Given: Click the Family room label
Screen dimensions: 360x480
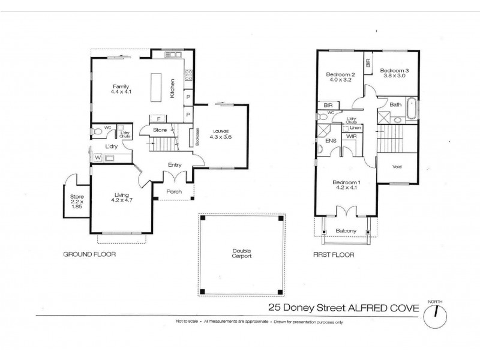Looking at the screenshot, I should tap(121, 86).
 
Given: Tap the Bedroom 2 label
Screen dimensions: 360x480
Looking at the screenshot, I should tap(341, 75).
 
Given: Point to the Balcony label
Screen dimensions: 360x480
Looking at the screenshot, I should tap(346, 231).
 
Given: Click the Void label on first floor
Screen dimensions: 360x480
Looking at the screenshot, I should tap(396, 167).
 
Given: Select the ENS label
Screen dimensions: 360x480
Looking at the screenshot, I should tap(330, 141).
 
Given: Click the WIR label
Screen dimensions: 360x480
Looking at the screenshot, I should tap(351, 137).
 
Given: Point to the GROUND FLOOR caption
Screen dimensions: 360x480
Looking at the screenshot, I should tap(89, 254).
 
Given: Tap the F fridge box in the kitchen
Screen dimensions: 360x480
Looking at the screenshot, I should tap(158, 118).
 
